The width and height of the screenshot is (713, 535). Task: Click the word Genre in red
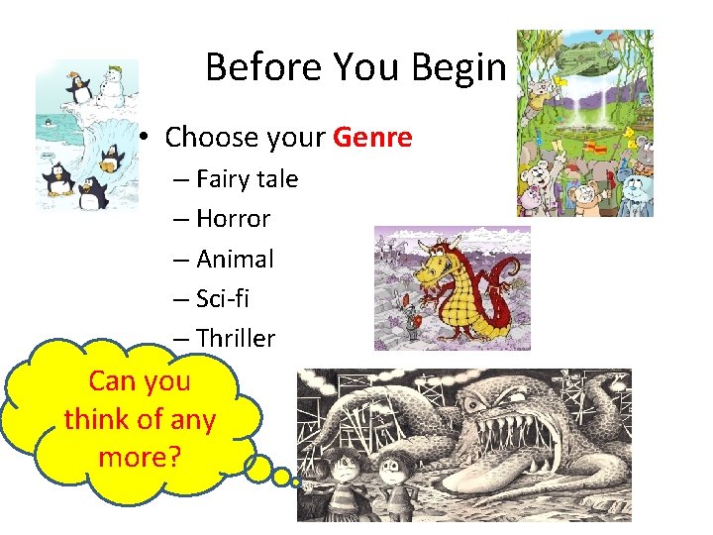(372, 137)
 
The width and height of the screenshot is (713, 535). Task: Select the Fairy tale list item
(247, 179)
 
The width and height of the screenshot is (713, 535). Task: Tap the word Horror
(233, 219)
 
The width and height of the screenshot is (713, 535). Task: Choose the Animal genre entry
(235, 259)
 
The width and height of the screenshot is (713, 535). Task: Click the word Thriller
(236, 338)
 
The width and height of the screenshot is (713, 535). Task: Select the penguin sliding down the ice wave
(111, 159)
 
